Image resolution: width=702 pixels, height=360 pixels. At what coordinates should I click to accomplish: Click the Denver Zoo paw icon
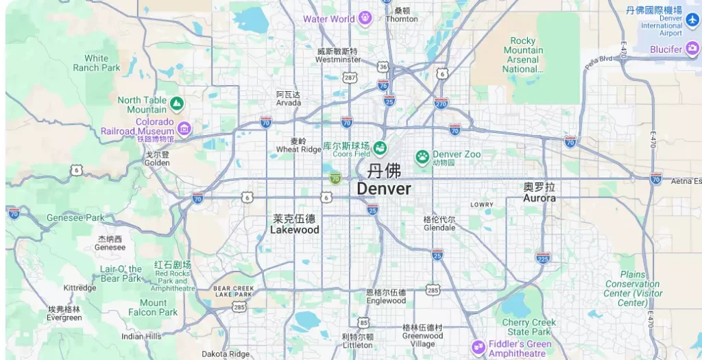point(422,157)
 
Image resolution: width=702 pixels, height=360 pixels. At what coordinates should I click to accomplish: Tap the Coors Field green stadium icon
point(380,147)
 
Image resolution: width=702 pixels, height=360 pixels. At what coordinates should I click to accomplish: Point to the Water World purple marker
point(365,19)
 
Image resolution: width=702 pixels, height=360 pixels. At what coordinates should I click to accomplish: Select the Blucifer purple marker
point(692,49)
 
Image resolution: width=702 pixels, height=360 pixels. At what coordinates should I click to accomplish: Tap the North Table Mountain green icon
point(177,104)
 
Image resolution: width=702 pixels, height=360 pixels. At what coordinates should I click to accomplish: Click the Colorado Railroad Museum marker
point(184,128)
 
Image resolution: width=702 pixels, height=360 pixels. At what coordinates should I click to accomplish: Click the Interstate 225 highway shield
point(543,258)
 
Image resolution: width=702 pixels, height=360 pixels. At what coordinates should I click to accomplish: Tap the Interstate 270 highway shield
point(441,104)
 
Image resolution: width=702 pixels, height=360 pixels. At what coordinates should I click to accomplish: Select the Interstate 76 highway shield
point(383,84)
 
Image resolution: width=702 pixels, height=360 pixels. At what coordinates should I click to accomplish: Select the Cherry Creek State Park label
point(529,327)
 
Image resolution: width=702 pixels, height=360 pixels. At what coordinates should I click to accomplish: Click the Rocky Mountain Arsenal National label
point(523,55)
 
